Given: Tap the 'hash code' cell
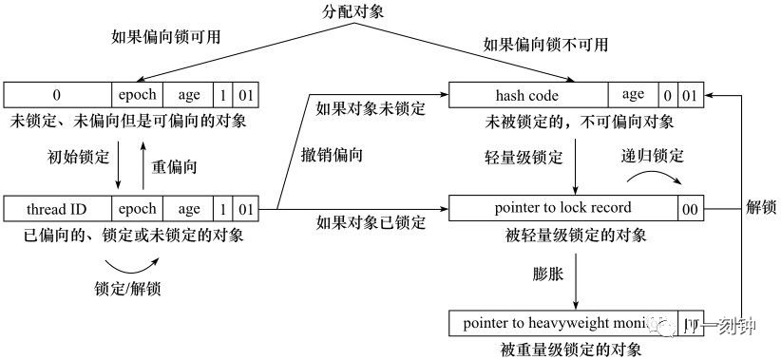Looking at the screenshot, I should (527, 95).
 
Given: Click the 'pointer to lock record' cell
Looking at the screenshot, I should (562, 208).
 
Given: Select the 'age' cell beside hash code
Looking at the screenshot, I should (633, 95).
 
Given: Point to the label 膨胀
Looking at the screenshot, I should (550, 274).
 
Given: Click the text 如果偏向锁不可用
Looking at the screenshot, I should (545, 45).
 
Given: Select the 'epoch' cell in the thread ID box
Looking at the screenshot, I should (137, 209).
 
